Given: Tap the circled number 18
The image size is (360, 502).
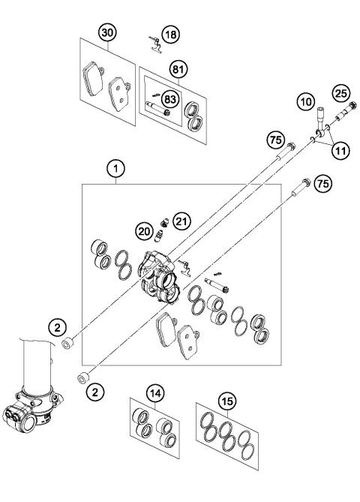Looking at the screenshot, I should click(x=172, y=36).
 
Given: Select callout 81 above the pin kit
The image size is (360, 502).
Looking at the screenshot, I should click(x=178, y=68).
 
